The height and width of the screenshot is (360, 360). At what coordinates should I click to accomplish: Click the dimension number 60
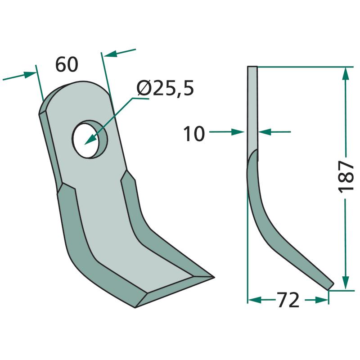click(67, 64)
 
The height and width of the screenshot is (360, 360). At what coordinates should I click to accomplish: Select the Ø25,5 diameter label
click(165, 88)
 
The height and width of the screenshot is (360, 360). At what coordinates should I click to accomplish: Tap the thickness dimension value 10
click(194, 134)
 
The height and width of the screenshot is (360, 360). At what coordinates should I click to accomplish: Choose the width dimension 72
click(288, 300)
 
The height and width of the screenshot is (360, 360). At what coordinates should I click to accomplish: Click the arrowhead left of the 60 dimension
click(30, 75)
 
